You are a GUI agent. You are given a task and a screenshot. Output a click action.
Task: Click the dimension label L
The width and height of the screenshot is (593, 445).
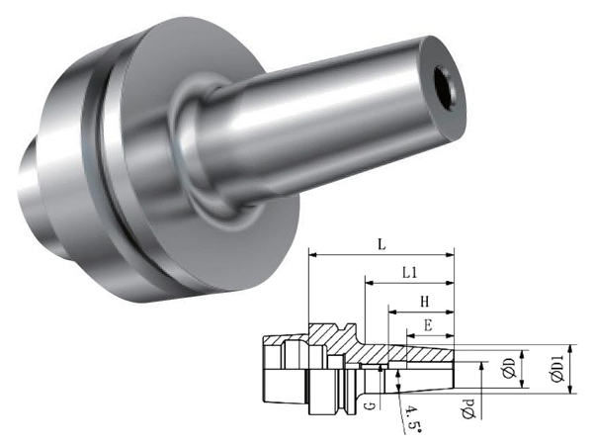pyautogui.click(x=381, y=245)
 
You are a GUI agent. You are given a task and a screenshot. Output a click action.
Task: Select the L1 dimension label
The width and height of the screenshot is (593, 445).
pyautogui.click(x=409, y=273)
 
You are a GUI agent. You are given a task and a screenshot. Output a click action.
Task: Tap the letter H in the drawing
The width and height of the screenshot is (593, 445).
pyautogui.click(x=425, y=302)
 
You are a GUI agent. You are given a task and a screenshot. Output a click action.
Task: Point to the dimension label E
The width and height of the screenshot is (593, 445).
pyautogui.click(x=428, y=325)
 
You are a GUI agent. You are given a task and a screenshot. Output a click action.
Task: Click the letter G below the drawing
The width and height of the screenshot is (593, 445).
pyautogui.click(x=372, y=406)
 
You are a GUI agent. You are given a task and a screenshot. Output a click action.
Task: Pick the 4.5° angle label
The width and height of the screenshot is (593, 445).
pyautogui.click(x=411, y=418)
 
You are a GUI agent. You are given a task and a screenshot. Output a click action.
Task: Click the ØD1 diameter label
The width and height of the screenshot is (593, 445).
pyautogui.click(x=556, y=369)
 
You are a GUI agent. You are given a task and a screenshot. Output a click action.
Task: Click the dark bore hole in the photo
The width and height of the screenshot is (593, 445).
pyautogui.click(x=445, y=86)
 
